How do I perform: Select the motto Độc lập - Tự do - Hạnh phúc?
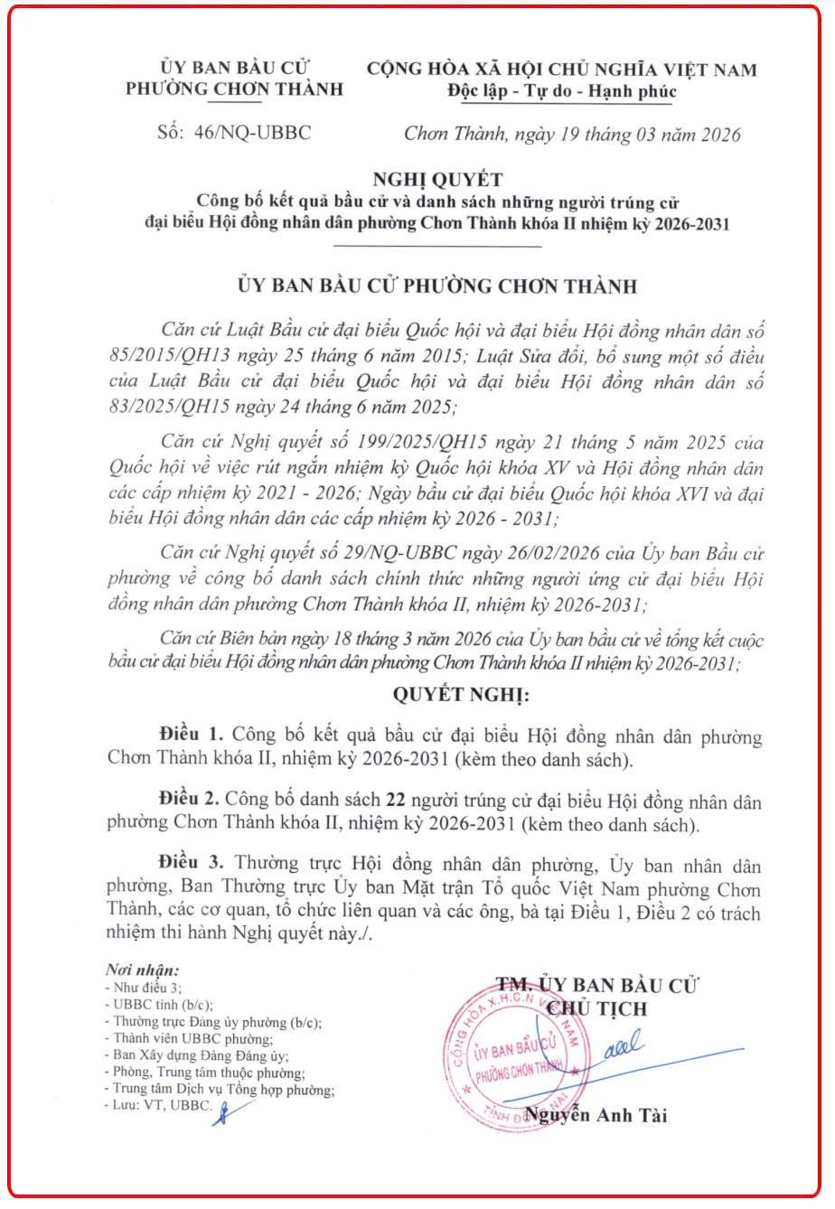point(561,91)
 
